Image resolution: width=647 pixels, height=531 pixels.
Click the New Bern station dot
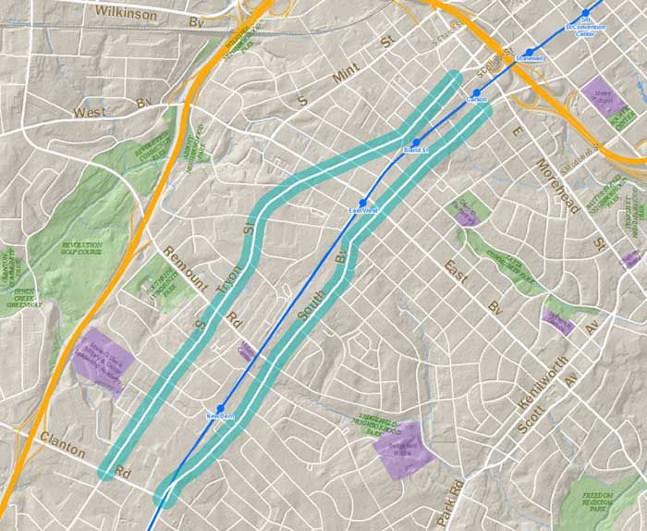click(221, 408)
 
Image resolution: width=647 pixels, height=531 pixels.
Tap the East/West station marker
click(363, 202)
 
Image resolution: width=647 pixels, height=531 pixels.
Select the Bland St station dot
click(417, 142)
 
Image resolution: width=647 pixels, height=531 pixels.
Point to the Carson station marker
click(478, 91)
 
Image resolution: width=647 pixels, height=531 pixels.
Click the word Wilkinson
click(128, 12)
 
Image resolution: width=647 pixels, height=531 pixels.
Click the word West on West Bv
click(91, 112)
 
